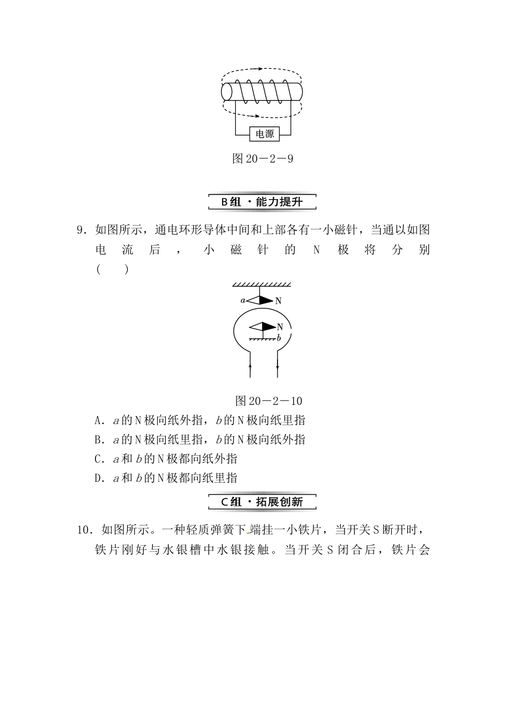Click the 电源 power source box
click(265, 133)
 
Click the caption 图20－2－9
click(263, 158)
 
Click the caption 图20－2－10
click(268, 401)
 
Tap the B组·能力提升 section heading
click(262, 202)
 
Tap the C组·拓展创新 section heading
click(262, 502)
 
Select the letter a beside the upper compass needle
click(243, 300)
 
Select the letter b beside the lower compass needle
click(279, 338)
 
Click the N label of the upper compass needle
click(278, 301)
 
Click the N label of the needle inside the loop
click(280, 326)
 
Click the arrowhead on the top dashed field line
click(260, 69)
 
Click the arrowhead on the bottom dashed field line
click(258, 116)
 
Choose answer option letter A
click(98, 420)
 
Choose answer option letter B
click(98, 440)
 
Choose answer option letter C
click(98, 459)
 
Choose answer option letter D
click(98, 478)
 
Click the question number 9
click(81, 230)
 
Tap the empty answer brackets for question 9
click(113, 269)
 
